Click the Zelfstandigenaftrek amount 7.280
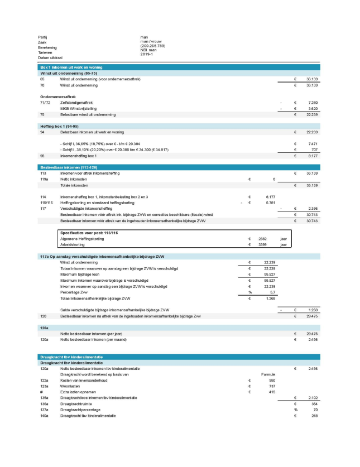311,103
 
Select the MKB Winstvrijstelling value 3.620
311,109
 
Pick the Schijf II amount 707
314,150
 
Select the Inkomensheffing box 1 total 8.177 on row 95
311,156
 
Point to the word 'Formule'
269,374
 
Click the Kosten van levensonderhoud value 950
272,380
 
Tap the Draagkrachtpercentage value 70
315,411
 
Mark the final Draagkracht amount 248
314,416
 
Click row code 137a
45,411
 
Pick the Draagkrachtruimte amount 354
314,403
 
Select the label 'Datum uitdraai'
50,57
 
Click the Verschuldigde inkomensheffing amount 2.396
311,208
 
